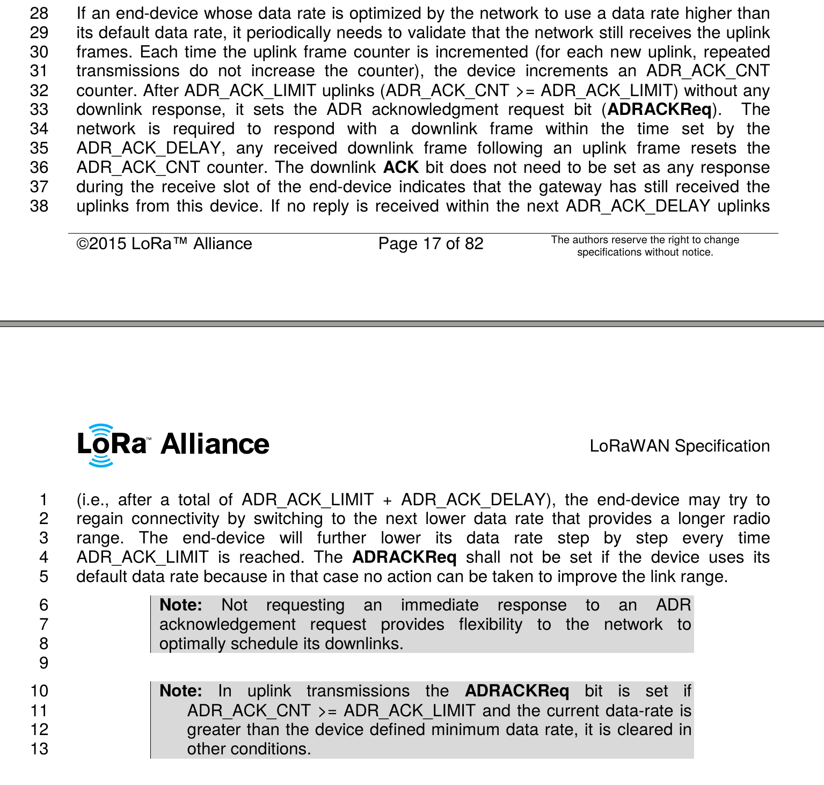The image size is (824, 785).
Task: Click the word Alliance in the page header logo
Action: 215,445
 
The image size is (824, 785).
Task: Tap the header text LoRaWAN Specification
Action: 679,446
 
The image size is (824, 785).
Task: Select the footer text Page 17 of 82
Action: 431,244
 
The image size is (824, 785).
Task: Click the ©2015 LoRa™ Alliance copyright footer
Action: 164,244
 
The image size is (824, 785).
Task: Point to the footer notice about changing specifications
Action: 645,246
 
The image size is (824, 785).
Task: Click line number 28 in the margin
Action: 39,13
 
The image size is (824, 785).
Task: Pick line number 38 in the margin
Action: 39,206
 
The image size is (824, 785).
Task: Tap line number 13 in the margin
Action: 39,749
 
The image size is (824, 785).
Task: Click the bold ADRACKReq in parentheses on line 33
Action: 659,110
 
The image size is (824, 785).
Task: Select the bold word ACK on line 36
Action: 401,168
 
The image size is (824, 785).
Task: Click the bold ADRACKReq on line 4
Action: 404,557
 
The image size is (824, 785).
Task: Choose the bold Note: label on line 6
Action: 181,605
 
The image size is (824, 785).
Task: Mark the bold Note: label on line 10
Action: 181,691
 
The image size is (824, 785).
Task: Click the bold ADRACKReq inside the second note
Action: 516,691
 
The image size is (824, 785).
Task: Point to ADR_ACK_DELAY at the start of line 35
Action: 148,148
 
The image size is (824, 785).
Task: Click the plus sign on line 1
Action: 387,500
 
